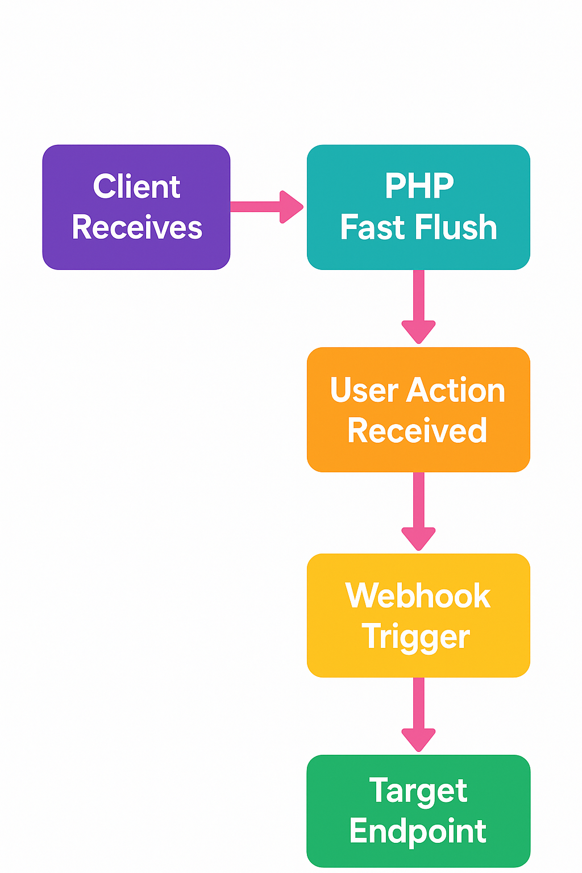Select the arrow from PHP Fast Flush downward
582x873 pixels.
tap(419, 307)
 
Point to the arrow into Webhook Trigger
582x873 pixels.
tap(419, 512)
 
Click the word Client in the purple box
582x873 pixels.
tap(136, 187)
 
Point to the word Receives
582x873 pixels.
tap(137, 227)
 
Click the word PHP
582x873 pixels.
tap(419, 186)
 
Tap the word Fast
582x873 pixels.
tap(373, 227)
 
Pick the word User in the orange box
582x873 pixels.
tap(364, 390)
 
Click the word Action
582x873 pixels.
tap(456, 390)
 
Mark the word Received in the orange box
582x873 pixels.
tap(418, 431)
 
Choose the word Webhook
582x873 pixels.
tap(418, 596)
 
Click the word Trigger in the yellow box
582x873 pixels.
tap(416, 637)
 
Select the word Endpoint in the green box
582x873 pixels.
tap(418, 832)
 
